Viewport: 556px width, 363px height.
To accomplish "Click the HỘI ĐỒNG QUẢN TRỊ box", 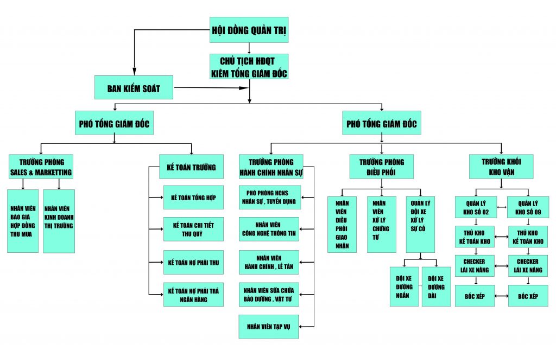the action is [249, 30].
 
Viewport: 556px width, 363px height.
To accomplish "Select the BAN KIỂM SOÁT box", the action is [134, 87].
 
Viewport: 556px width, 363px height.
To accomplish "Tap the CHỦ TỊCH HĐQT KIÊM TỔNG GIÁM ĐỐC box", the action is [249, 66].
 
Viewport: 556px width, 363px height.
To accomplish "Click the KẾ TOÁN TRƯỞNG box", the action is [191, 167].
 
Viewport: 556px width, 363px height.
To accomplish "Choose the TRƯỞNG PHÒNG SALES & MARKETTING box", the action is [41, 167].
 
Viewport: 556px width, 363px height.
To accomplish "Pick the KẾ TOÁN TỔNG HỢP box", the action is [193, 198].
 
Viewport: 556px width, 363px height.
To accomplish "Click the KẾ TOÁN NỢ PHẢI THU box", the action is [193, 262].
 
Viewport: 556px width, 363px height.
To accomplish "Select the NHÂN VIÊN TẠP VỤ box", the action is [268, 327].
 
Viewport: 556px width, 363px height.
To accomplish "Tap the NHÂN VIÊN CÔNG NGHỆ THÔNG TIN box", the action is [269, 229].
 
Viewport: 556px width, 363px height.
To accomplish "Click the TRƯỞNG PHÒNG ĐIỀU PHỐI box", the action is [382, 167].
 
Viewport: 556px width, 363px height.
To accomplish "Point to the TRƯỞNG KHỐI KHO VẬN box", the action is [501, 167].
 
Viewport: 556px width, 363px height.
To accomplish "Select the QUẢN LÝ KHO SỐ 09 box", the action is [528, 207].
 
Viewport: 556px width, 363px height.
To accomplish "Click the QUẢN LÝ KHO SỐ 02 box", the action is [476, 207].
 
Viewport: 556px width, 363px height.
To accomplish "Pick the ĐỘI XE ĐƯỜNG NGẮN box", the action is [404, 286].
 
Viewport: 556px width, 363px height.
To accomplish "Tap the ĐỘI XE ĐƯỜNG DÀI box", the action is [436, 286].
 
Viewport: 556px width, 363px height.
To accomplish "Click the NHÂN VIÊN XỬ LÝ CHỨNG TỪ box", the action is [382, 225].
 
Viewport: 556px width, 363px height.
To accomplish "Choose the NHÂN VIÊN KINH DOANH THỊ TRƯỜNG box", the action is [59, 221].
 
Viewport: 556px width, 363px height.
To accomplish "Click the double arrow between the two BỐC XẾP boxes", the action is [501, 296].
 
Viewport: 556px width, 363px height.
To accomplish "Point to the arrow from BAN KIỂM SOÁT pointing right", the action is [211, 87].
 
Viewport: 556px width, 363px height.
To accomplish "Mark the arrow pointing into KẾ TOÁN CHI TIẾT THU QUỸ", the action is [156, 229].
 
